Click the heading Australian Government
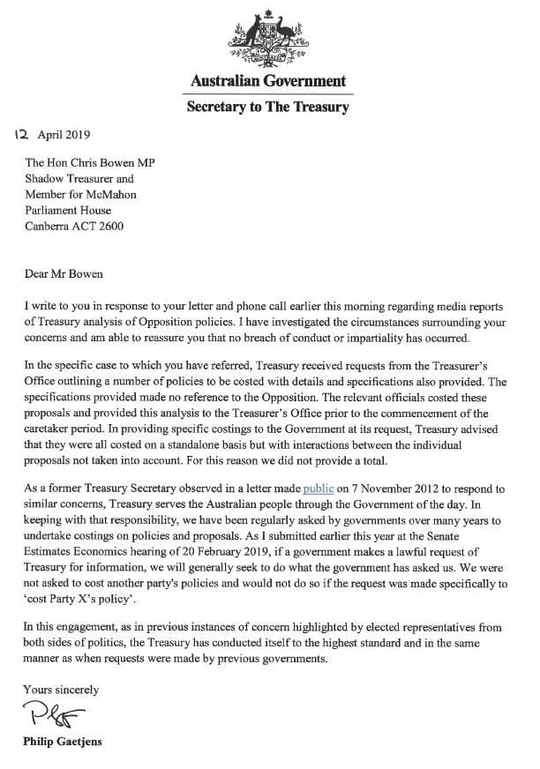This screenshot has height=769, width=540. (x=268, y=82)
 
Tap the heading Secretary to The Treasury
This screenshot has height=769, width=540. (x=268, y=108)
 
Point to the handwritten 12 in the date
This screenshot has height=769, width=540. (x=24, y=136)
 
